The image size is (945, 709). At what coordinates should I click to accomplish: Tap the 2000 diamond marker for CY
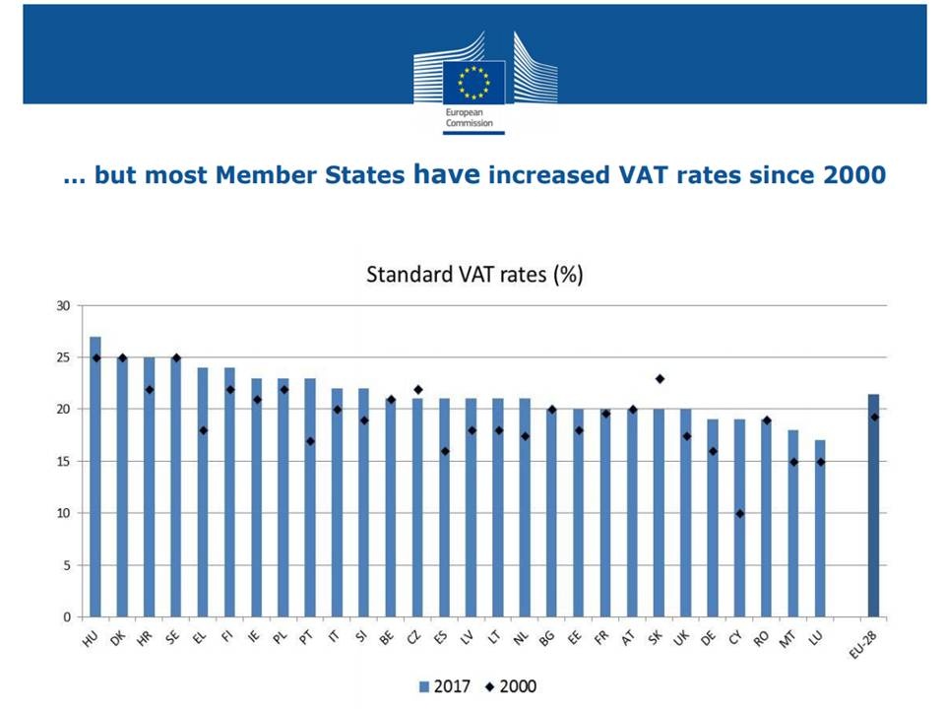pyautogui.click(x=739, y=513)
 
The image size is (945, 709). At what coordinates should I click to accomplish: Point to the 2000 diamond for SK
pyautogui.click(x=660, y=378)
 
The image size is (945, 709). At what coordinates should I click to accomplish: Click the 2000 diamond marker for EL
pyautogui.click(x=203, y=430)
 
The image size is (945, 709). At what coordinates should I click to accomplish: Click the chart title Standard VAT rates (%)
pyautogui.click(x=474, y=275)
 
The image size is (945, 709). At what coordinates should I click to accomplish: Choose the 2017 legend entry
pyautogui.click(x=444, y=685)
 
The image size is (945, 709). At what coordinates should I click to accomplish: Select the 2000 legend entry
pyautogui.click(x=509, y=685)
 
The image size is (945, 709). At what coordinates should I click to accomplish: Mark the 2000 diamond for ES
pyautogui.click(x=445, y=451)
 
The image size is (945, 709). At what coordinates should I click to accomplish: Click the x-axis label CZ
pyautogui.click(x=413, y=637)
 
